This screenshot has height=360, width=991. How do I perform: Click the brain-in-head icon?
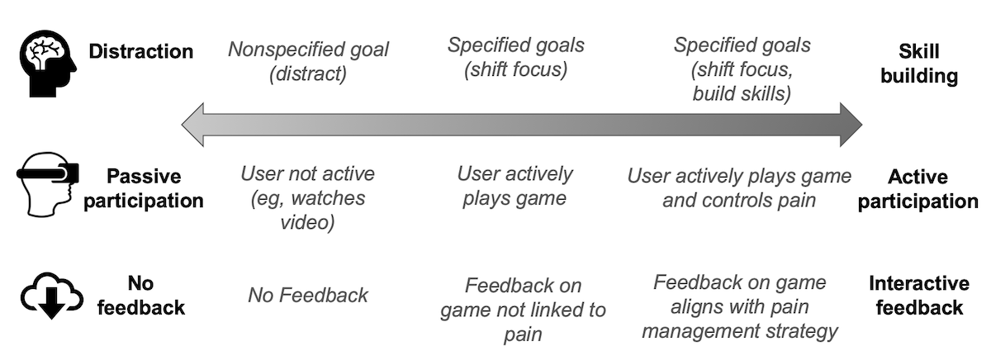(x=48, y=64)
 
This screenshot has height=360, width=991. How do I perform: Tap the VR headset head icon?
(x=48, y=184)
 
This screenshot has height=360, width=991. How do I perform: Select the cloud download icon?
(x=52, y=296)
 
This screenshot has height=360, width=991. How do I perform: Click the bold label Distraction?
(x=140, y=51)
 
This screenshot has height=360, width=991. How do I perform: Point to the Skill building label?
(x=919, y=64)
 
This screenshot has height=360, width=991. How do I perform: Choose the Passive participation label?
(x=144, y=188)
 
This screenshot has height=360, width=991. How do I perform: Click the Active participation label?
(x=918, y=189)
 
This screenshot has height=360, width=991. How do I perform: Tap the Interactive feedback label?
(x=919, y=296)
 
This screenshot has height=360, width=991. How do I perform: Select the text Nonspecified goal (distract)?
(x=308, y=61)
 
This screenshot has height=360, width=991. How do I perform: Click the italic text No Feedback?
(x=308, y=295)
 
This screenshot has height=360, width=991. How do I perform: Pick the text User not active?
(x=307, y=173)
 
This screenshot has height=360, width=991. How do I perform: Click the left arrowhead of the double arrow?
(x=193, y=125)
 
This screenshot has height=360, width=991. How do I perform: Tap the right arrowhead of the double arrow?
(x=851, y=125)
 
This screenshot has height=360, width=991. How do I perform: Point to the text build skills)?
(x=742, y=94)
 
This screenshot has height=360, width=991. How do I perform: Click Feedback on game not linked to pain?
(x=523, y=310)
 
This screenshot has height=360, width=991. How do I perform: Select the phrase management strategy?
(x=740, y=331)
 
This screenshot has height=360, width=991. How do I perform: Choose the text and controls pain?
(x=739, y=201)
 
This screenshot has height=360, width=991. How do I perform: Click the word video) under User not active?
(x=307, y=222)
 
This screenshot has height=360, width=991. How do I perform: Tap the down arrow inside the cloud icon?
(x=52, y=303)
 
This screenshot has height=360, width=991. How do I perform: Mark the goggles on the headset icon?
(x=48, y=173)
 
